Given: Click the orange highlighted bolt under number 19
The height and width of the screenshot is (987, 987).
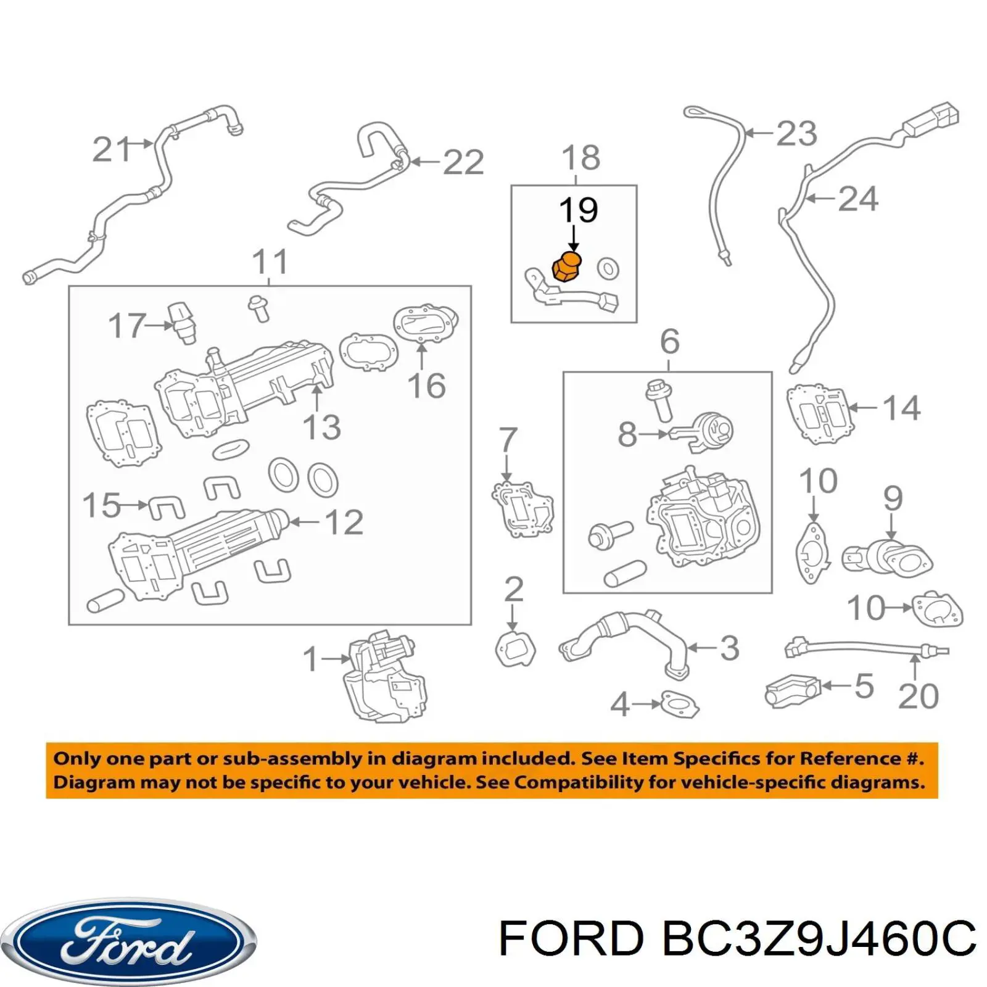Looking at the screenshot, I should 566,266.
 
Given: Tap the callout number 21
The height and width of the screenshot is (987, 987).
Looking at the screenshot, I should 112,150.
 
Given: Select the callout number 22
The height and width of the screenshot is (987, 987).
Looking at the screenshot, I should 463,163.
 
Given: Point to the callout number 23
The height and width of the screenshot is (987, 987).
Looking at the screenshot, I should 796,134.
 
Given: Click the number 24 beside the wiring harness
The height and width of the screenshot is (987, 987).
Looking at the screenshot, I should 857,199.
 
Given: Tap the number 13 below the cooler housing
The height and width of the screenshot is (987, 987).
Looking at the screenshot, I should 322,427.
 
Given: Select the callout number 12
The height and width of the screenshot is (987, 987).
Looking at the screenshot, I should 344,522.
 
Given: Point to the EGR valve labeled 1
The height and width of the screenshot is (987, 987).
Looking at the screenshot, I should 384,677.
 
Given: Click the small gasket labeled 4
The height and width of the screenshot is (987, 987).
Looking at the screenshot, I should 680,703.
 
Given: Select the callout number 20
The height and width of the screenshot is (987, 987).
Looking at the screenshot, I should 918,696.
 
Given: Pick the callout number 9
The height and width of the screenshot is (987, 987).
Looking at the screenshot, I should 893,498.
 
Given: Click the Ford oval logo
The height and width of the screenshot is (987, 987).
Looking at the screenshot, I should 128,941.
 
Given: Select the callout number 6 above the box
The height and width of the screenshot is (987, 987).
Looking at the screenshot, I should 669,341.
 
